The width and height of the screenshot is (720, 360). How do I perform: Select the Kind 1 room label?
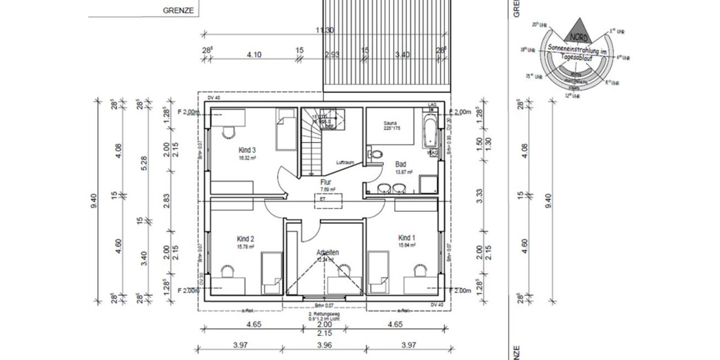[x=407, y=238]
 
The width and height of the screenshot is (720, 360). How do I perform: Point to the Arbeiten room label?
[x=328, y=253]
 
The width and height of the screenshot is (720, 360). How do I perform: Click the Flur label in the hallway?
[x=326, y=182]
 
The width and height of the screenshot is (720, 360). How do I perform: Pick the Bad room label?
[x=401, y=164]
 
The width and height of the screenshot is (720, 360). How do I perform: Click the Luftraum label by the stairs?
[x=344, y=163]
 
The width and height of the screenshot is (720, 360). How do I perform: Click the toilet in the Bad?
[x=376, y=154]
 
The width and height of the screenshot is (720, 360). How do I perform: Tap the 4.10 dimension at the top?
[x=254, y=55]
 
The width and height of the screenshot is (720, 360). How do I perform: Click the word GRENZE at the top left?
[x=177, y=11]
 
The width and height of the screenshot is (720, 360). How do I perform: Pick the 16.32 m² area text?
[x=247, y=159]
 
